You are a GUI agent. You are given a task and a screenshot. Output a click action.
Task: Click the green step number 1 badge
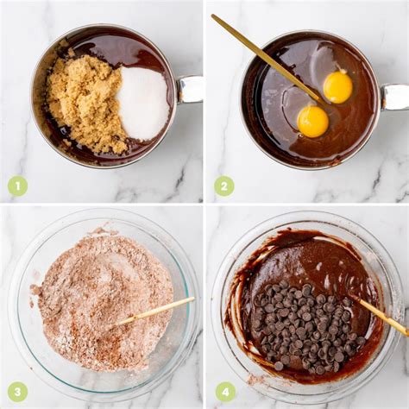tap(17, 186)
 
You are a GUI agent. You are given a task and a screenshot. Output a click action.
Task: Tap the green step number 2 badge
tap(224, 186)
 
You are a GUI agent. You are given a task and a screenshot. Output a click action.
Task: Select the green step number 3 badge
tap(17, 392)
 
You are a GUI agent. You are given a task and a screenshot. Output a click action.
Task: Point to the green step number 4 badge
tap(225, 392)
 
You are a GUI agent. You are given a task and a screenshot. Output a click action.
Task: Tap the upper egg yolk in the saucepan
tap(337, 87)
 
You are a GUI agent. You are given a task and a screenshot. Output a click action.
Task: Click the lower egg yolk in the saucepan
tap(312, 122)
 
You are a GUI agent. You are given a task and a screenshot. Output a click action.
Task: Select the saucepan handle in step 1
tap(189, 89)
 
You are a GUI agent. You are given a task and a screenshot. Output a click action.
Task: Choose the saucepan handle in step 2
tap(394, 97)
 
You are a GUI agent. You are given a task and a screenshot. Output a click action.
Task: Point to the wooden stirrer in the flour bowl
tap(153, 313)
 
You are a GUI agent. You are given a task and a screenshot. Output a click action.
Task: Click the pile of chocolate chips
tap(305, 325)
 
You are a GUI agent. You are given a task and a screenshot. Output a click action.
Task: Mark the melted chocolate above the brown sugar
tap(115, 49)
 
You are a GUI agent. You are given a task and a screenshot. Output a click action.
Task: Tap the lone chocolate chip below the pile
tap(279, 366)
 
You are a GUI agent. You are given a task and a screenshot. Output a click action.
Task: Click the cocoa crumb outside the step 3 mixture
tap(35, 289)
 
